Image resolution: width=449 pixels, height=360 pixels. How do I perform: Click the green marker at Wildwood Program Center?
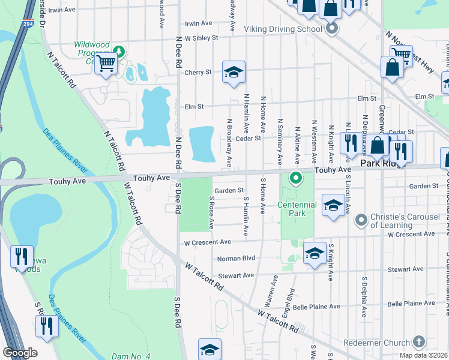click(x=119, y=52)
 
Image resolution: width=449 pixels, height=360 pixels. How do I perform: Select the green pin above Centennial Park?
click(x=296, y=178)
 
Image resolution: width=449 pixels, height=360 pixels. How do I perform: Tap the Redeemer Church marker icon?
click(x=419, y=342)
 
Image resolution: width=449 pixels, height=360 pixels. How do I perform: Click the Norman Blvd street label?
click(x=237, y=259)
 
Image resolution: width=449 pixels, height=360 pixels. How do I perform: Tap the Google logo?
click(x=20, y=353)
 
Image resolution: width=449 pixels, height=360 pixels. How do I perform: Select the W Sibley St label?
click(x=202, y=37)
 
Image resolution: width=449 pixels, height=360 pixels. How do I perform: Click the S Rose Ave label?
click(x=211, y=212)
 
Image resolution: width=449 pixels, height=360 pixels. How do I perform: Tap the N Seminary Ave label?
click(x=280, y=142)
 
